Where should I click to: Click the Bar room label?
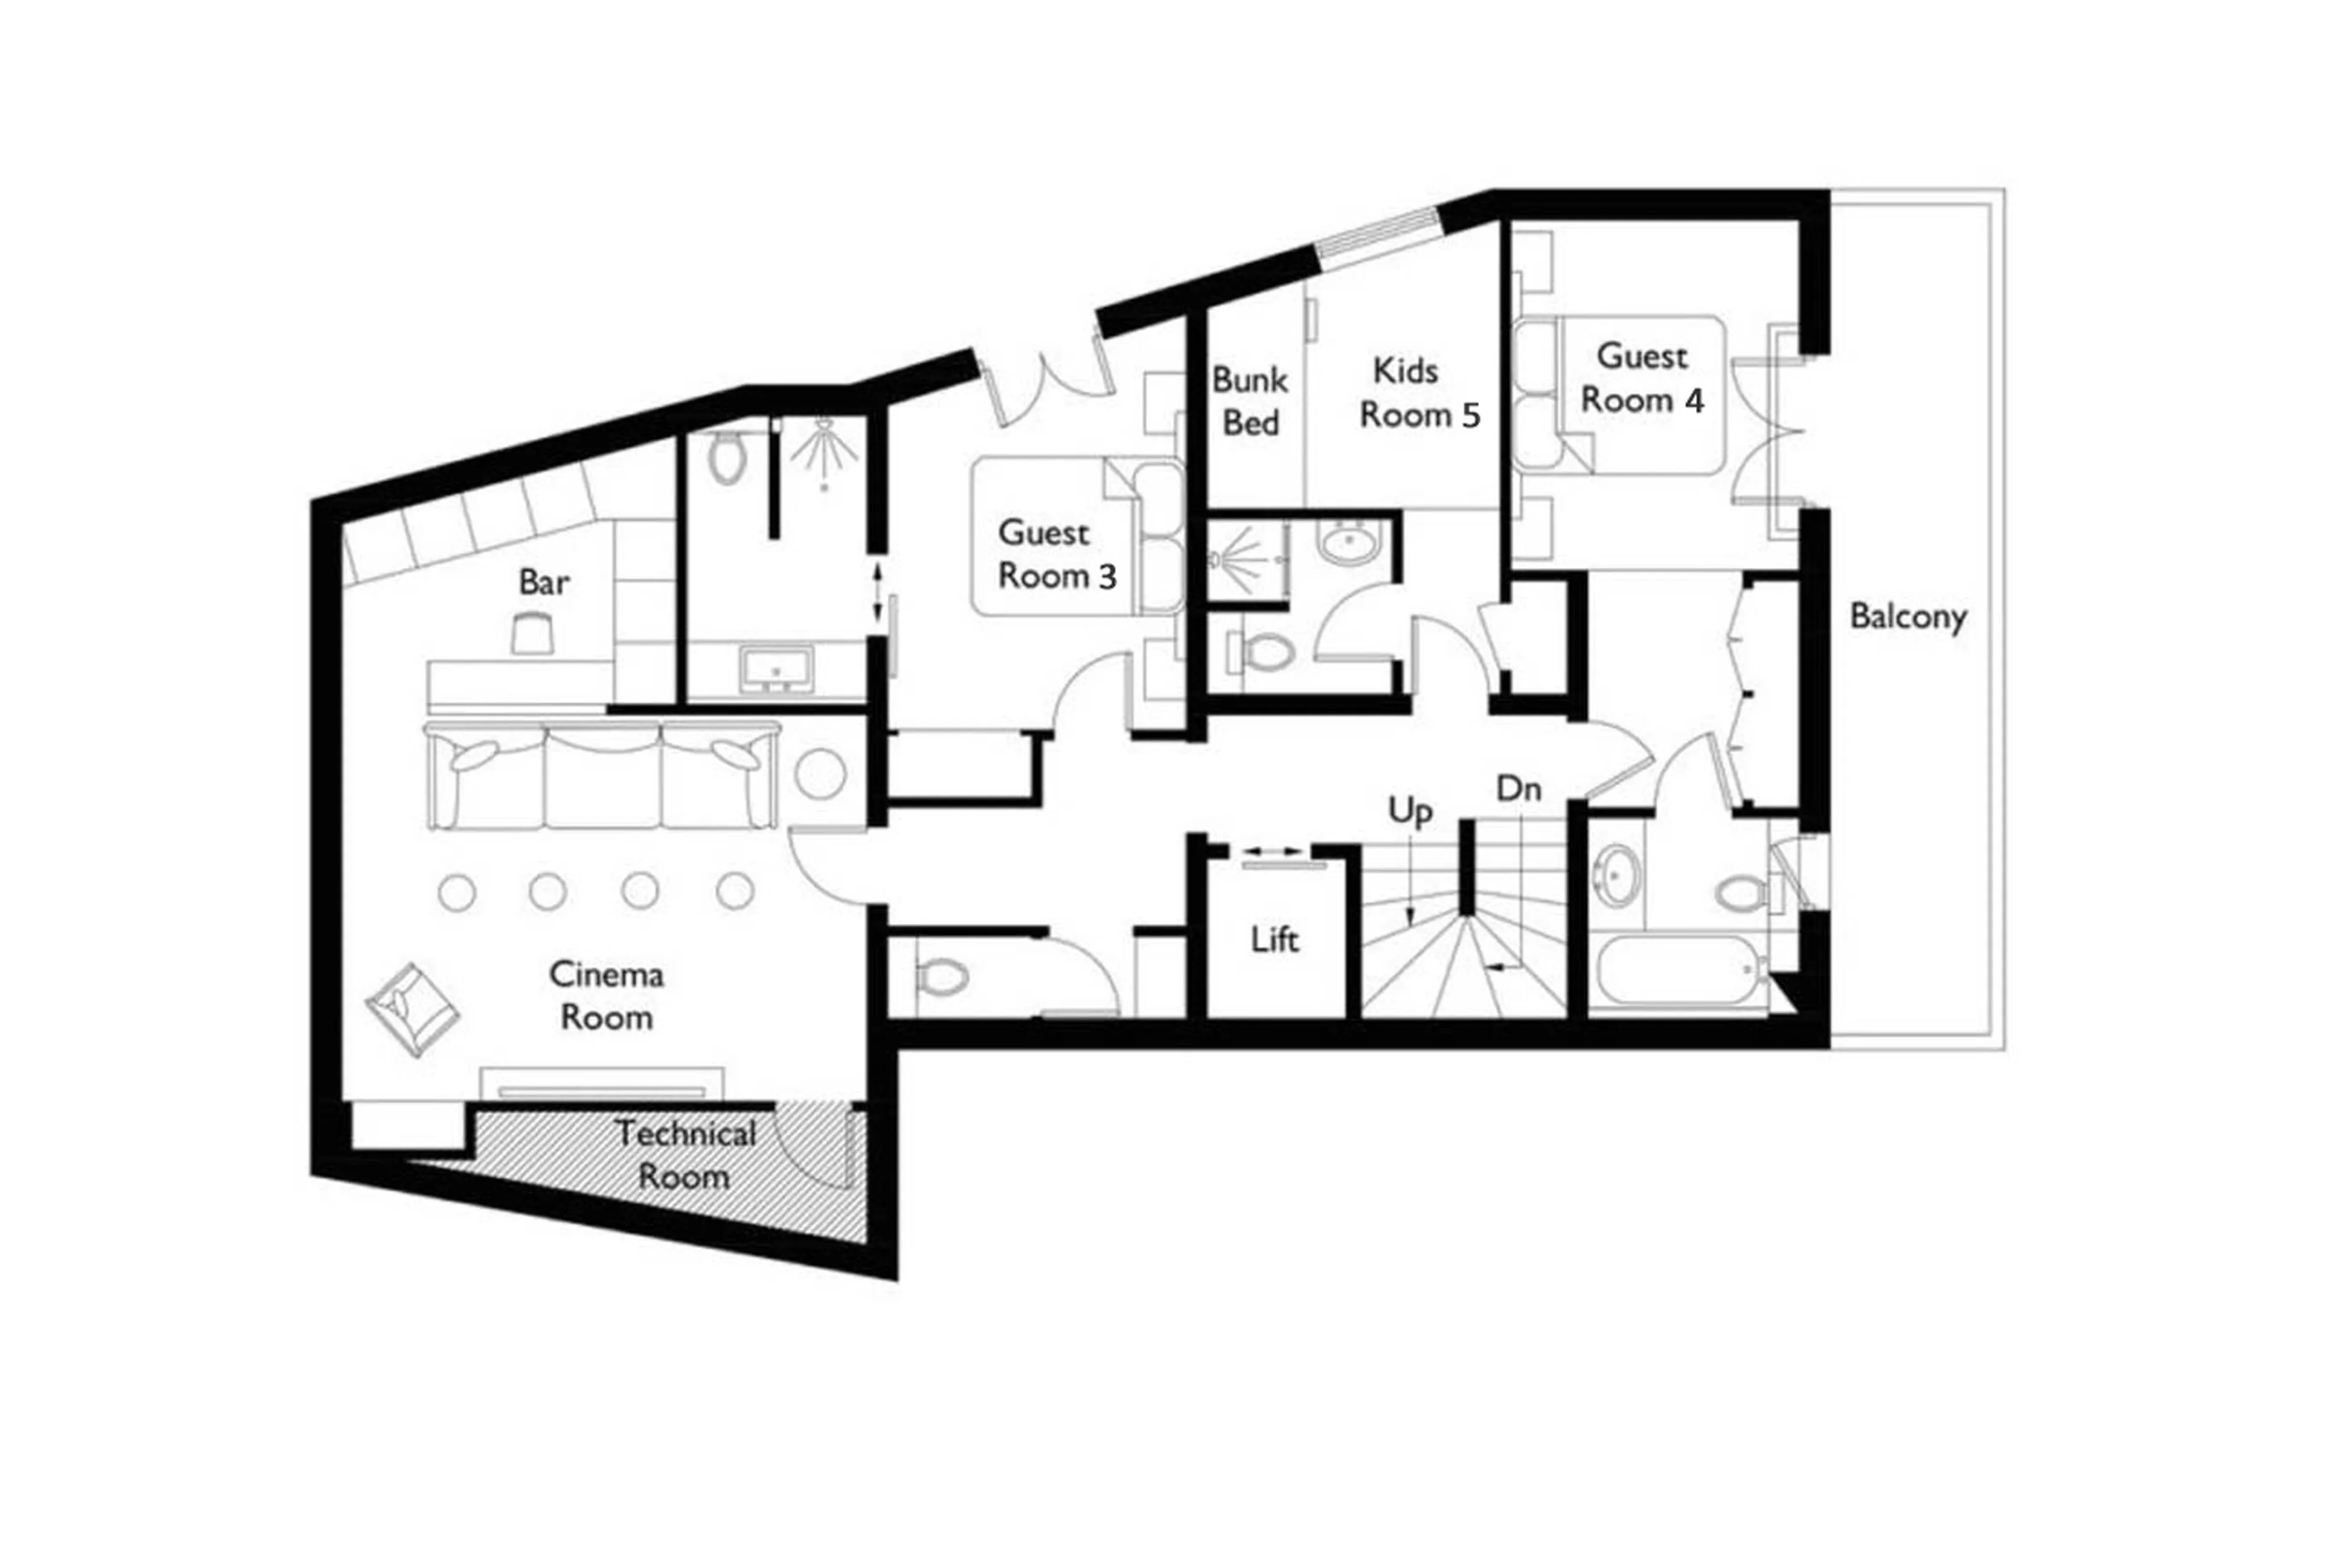coord(544,582)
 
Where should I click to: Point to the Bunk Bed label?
coord(1250,401)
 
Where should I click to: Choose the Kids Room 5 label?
coord(1419,393)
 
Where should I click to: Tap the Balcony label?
coord(1907,616)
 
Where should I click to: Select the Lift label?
coord(1274,939)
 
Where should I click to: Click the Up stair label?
coord(1409,810)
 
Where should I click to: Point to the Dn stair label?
coord(1519,788)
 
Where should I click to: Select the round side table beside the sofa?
coord(820,774)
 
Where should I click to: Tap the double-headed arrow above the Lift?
coord(1273,850)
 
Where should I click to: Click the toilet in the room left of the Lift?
coord(941,978)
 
